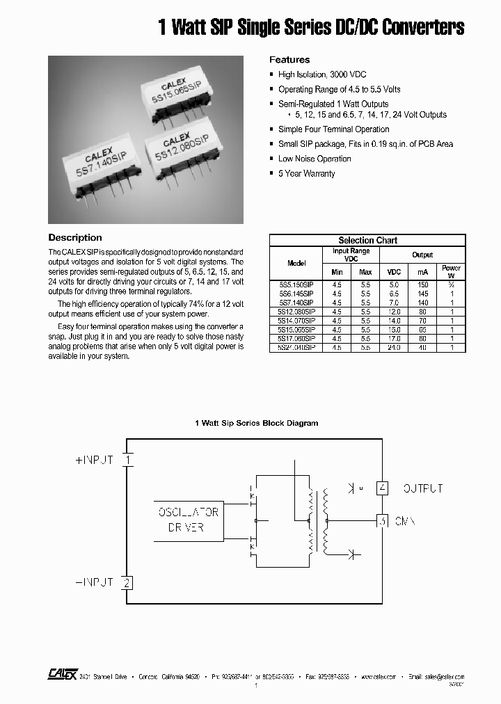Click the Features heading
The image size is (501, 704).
(289, 60)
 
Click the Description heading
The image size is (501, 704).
(75, 238)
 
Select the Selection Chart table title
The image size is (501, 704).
(367, 240)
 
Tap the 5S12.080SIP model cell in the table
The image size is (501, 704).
(296, 312)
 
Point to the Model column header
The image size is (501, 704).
(296, 263)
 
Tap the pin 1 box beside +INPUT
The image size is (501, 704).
(127, 460)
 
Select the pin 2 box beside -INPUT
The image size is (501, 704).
(127, 582)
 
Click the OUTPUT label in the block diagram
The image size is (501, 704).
(423, 488)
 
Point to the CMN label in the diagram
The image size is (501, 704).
(406, 520)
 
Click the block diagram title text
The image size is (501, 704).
(257, 423)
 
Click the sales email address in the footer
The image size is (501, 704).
(445, 676)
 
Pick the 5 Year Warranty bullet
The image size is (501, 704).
(306, 173)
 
